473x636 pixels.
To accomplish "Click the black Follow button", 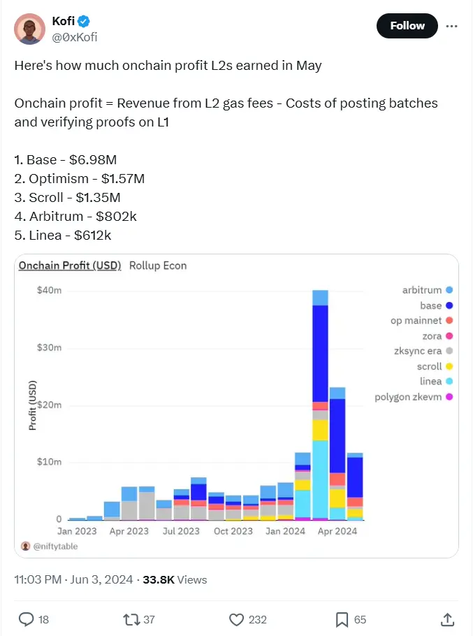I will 407,26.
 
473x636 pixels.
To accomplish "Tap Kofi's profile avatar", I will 29,28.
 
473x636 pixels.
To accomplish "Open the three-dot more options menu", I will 452,26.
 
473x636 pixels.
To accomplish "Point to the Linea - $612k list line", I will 63,236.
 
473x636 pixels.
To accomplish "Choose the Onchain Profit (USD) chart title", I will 70,266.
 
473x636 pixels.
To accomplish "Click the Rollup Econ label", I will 158,266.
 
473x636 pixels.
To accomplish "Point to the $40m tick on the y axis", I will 49,290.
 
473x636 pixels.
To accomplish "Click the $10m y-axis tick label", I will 49,462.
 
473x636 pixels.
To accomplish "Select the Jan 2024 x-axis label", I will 285,531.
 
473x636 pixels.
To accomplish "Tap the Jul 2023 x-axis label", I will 181,531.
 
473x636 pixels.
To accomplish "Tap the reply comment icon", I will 27,619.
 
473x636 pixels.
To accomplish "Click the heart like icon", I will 237,619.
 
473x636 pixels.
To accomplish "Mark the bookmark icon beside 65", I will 342,619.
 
